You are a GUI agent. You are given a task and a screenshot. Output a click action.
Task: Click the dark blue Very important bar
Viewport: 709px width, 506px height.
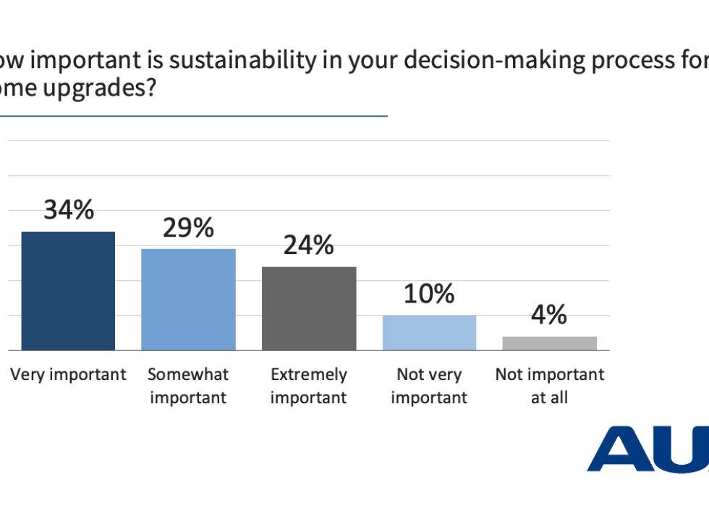click(x=68, y=291)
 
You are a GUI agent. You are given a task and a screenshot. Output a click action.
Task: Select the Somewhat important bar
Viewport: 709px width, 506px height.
click(x=188, y=299)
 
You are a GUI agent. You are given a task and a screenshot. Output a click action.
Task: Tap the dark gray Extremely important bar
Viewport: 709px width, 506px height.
click(x=309, y=308)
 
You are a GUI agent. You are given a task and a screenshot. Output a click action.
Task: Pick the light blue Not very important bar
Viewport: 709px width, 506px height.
click(x=429, y=332)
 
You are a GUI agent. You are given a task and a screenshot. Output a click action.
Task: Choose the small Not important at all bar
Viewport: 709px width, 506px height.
click(x=550, y=343)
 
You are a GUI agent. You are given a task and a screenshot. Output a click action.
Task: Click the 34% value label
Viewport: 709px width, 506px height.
click(x=69, y=211)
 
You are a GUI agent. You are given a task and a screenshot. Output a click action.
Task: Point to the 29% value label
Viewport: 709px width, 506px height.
click(x=189, y=228)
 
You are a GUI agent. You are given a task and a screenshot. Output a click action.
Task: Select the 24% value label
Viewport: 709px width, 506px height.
click(x=309, y=246)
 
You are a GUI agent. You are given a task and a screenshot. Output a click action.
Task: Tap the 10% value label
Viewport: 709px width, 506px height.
click(x=430, y=294)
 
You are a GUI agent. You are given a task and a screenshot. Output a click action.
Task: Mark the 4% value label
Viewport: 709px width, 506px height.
click(x=550, y=315)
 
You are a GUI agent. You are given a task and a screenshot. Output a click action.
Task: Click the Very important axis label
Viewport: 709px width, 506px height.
click(x=68, y=374)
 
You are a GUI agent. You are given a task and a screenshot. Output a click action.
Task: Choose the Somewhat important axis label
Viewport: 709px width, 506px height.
click(x=188, y=386)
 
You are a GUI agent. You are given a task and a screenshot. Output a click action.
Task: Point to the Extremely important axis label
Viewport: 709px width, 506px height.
click(x=309, y=386)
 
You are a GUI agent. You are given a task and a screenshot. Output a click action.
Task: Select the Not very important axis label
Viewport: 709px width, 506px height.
click(x=429, y=386)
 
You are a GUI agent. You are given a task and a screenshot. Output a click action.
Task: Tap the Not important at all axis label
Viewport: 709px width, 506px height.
click(x=550, y=386)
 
